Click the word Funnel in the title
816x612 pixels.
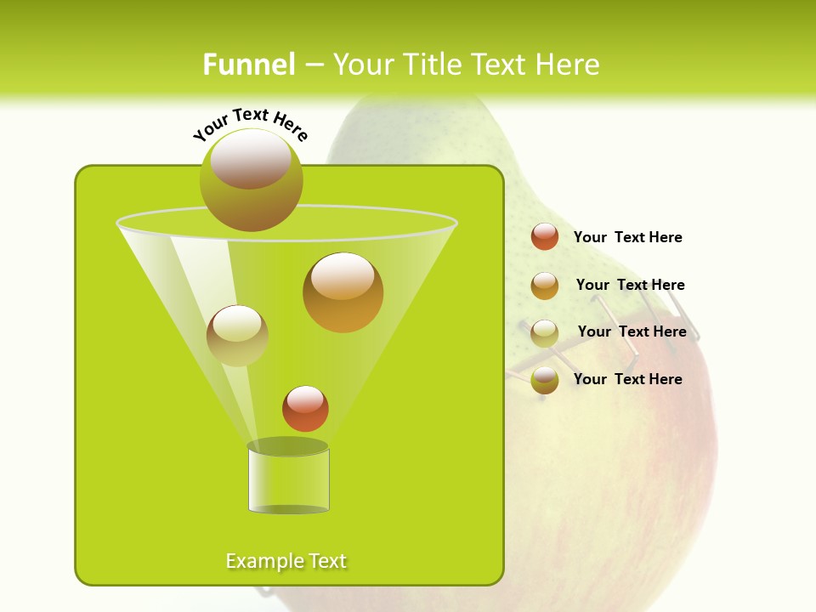(x=249, y=65)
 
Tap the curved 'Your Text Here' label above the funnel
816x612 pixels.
(x=251, y=124)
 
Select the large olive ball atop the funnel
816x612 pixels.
(x=252, y=180)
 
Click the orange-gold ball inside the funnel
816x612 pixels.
(x=343, y=292)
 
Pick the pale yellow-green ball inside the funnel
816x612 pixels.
(x=237, y=336)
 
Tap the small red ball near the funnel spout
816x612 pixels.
(x=305, y=408)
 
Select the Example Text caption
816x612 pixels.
(x=286, y=561)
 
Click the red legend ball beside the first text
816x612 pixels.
(x=545, y=237)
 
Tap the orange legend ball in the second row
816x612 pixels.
(x=545, y=286)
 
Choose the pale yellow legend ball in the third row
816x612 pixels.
(x=545, y=333)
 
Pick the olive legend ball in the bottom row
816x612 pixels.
(x=545, y=380)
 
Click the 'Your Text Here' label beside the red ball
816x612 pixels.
(x=627, y=237)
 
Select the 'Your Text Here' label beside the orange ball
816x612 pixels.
(x=630, y=285)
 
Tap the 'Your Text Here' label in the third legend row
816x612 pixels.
(x=632, y=331)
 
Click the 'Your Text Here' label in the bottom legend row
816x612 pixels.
(x=627, y=379)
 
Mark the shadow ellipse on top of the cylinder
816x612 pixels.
(x=288, y=446)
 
